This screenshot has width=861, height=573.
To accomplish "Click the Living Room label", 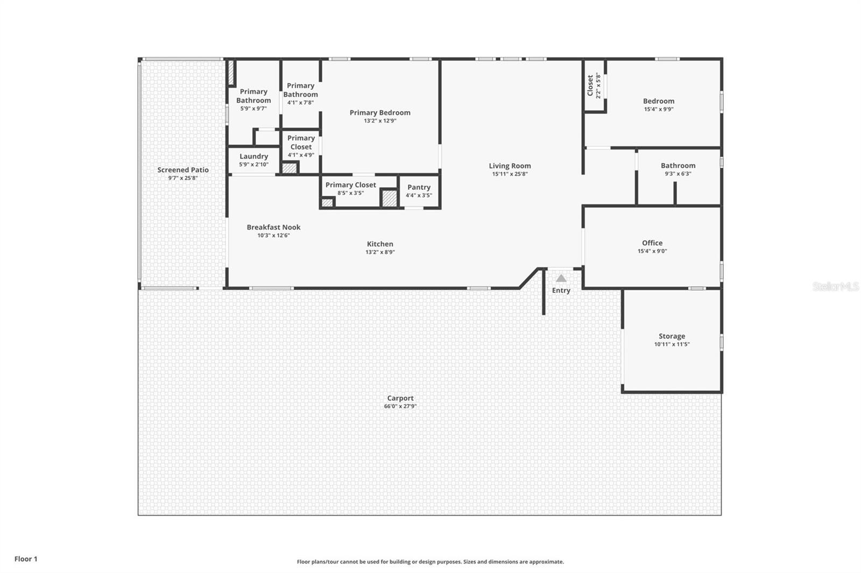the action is [510, 166].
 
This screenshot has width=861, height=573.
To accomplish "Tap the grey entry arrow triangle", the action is [561, 278].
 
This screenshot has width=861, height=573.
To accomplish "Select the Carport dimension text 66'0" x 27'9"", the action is [400, 406].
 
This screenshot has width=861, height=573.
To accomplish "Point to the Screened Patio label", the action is [183, 170].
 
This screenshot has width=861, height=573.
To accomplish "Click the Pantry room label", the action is [419, 188].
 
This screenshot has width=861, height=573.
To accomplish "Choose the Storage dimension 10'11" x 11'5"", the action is [672, 345].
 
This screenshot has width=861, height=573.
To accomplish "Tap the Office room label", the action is [652, 243].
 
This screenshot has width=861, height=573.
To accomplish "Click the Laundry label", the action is [253, 156].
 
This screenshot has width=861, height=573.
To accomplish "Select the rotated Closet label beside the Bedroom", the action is [590, 85].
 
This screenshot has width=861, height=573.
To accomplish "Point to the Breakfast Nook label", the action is [274, 227].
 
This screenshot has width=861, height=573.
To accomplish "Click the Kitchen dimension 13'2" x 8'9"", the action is [380, 252].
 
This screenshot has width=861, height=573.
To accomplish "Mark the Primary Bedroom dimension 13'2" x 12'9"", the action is [380, 121].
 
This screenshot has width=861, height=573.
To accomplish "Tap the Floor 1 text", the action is [26, 559].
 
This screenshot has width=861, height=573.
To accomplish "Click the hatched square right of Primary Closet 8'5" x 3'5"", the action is [389, 198].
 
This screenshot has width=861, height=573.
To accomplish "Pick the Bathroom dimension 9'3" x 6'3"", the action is [678, 174].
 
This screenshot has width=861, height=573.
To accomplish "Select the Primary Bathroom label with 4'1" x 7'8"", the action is [301, 90].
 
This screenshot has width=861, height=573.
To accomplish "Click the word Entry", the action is [561, 291].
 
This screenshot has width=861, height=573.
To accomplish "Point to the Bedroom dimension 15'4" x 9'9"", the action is [659, 109].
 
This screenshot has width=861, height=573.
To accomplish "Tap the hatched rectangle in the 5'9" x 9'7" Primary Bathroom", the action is [231, 73].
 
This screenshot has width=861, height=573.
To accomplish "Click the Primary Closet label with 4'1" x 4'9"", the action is [301, 142].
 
